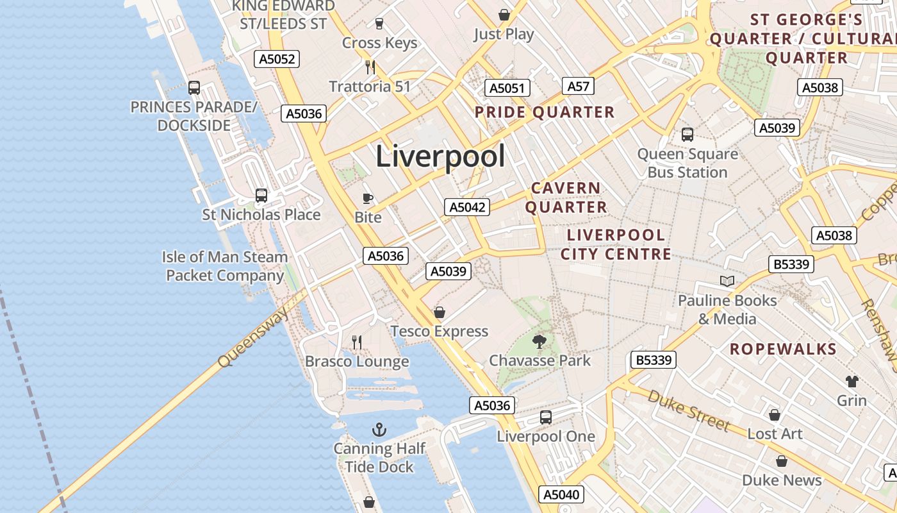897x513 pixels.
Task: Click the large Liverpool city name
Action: pos(440,156)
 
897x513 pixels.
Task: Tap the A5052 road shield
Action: pos(277,60)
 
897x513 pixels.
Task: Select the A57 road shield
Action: pos(578,86)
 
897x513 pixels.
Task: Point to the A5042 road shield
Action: pos(468,207)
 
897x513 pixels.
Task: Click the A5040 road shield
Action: pos(562,494)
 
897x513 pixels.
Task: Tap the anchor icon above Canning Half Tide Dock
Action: pos(379,428)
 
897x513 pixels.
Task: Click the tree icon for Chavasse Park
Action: pos(539,341)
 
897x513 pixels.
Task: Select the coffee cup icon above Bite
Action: pos(368,198)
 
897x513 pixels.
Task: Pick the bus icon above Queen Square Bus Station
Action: pos(687,134)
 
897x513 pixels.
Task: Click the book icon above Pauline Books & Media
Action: pos(727,281)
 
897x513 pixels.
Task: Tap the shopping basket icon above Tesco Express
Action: pos(440,312)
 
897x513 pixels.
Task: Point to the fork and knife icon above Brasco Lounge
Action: pos(357,342)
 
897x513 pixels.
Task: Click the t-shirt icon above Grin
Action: pos(852,382)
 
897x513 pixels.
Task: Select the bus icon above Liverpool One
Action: pos(546,417)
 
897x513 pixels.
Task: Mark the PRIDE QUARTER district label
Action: pos(545,113)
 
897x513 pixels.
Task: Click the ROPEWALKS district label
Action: pos(783,349)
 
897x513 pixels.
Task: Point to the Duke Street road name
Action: pos(689,411)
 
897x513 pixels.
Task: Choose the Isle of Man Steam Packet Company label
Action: pos(225,266)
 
